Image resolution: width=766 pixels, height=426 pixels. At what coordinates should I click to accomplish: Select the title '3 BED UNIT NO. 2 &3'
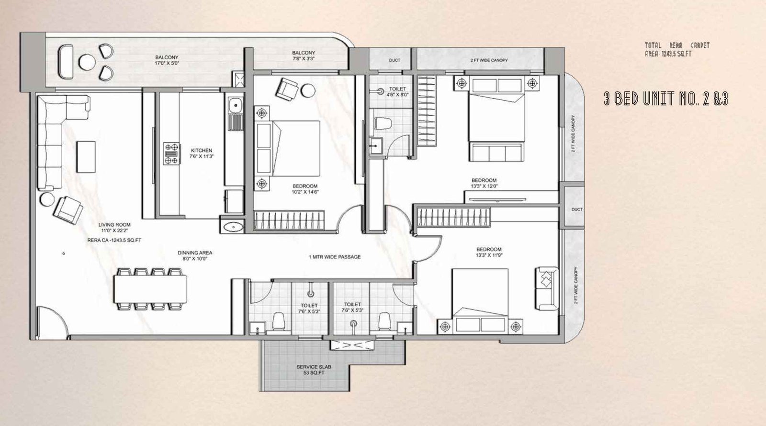pyautogui.click(x=666, y=99)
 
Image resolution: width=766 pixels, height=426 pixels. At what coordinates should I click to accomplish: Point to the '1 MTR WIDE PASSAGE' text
pyautogui.click(x=335, y=257)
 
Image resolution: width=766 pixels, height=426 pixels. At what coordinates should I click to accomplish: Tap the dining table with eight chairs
pyautogui.click(x=150, y=289)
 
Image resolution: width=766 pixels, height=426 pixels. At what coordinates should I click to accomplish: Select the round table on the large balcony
pyautogui.click(x=87, y=62)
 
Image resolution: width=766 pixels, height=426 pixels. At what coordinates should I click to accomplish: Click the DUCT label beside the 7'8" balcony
pyautogui.click(x=394, y=60)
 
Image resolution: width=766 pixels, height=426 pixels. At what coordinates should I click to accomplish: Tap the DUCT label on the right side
pyautogui.click(x=577, y=209)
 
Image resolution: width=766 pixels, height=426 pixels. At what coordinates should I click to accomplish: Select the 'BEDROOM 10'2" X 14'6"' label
pyautogui.click(x=305, y=189)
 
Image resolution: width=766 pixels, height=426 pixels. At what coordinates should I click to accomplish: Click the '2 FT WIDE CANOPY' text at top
pyautogui.click(x=489, y=60)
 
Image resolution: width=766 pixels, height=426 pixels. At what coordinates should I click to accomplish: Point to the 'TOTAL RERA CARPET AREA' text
pyautogui.click(x=677, y=49)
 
